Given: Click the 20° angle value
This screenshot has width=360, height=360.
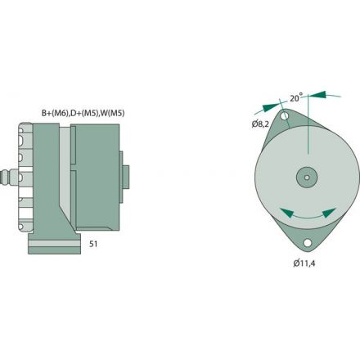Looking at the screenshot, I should coord(295,98).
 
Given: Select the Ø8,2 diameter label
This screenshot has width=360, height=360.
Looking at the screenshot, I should coord(260,124).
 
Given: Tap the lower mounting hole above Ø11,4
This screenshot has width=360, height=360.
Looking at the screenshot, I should coord(307,243).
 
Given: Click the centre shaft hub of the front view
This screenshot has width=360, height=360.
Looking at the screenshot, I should coord(307,177).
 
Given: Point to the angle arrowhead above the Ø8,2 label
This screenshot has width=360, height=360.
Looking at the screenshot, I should coord(267,106).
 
